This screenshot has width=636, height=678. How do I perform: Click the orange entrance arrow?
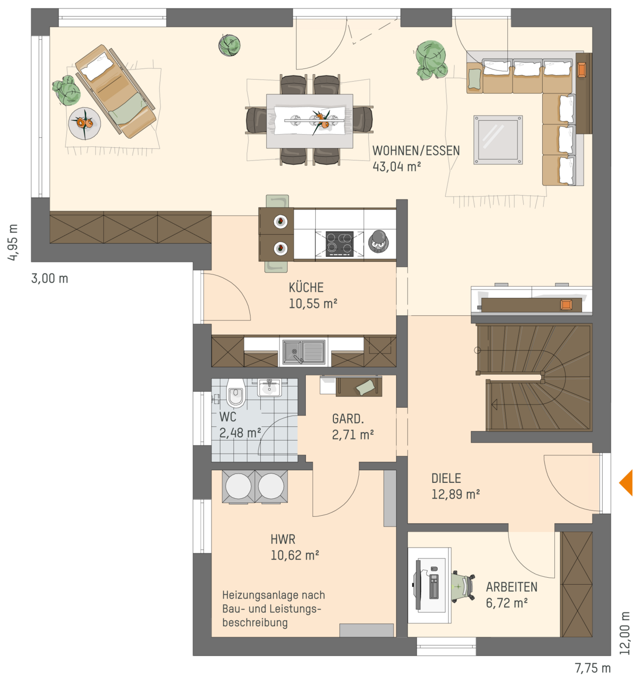(627, 482)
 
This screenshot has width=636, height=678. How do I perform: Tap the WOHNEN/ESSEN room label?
(416, 151)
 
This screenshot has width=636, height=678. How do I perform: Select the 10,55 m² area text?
(313, 304)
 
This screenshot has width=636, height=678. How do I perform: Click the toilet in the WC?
(235, 393)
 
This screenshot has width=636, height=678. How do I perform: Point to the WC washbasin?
(269, 388)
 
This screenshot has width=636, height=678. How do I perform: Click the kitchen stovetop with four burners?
(339, 244)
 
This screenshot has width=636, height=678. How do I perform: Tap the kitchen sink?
(304, 351)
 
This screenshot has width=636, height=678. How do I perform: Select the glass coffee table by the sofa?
(498, 140)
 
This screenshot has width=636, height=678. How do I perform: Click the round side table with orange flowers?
(84, 123)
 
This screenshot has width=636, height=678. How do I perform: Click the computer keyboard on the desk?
(434, 586)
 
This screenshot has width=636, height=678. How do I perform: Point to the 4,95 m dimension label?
(13, 242)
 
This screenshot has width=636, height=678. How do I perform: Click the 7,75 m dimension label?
(593, 668)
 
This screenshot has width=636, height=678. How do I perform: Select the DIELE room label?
(446, 478)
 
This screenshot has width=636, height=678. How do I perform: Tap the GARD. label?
(348, 419)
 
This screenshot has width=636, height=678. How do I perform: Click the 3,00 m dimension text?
(49, 279)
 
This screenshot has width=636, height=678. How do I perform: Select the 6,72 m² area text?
(507, 603)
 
